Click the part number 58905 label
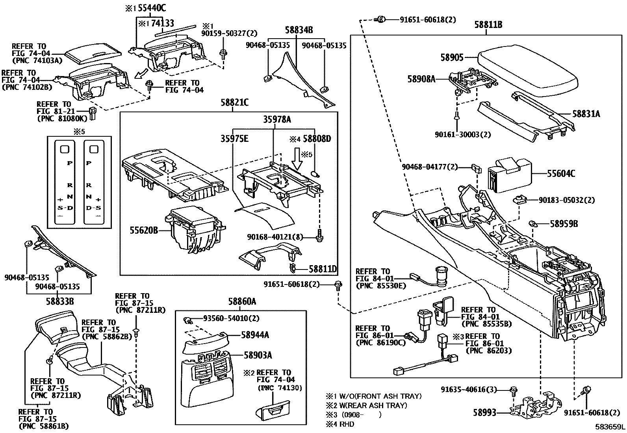point(452,58)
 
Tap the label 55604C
point(561,173)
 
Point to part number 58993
point(484,412)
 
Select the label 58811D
point(323,269)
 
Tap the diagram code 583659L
point(610,427)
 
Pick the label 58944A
point(255,335)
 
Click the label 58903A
point(258,355)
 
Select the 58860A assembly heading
point(242,302)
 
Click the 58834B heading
point(299,30)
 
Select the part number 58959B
point(564,224)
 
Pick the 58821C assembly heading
point(234,103)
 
